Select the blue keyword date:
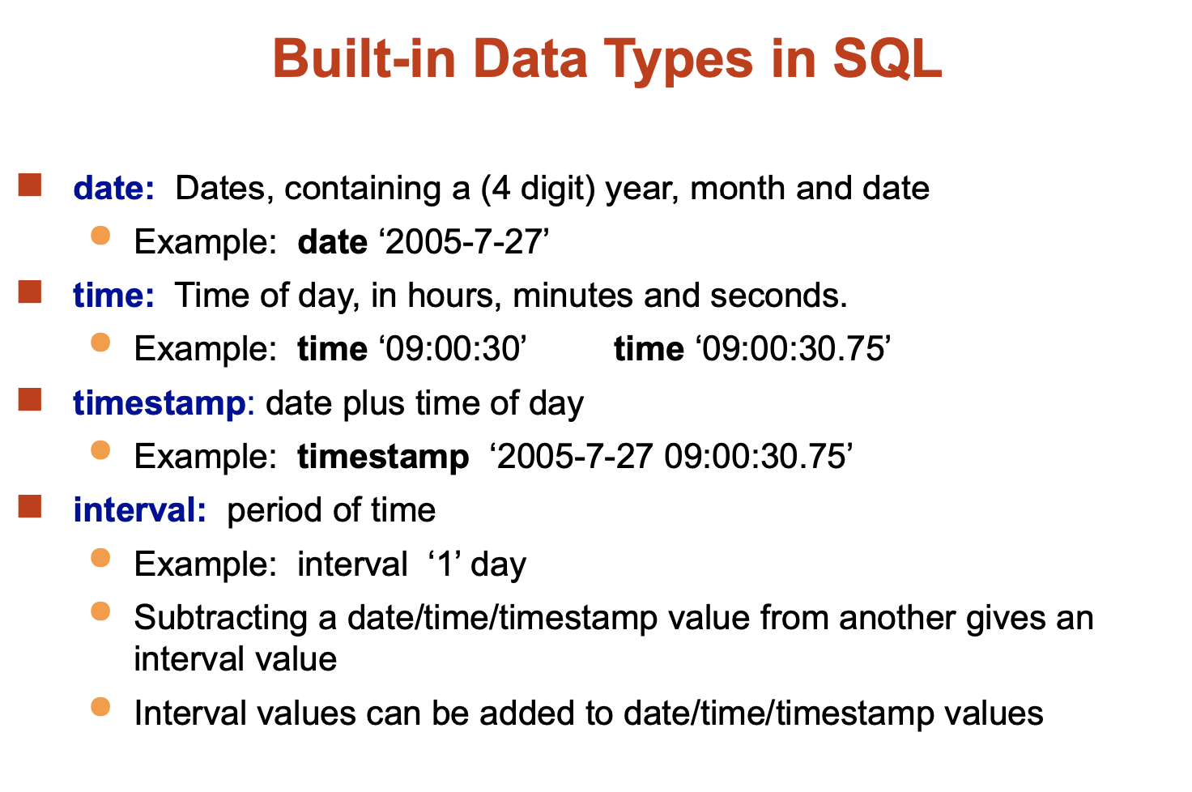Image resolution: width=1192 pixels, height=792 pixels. (x=114, y=188)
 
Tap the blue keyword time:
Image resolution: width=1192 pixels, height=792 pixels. (x=114, y=295)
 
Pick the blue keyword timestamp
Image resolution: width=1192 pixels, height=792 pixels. (x=159, y=403)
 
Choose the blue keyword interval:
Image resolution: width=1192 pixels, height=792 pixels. (x=140, y=509)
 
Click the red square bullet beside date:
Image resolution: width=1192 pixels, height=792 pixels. (x=30, y=185)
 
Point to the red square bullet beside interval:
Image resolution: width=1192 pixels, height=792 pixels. (x=30, y=506)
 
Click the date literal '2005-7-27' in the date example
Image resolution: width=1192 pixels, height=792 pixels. (x=463, y=241)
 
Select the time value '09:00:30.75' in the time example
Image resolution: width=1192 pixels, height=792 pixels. (x=792, y=349)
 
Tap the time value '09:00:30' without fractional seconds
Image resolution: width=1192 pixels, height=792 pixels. (x=453, y=349)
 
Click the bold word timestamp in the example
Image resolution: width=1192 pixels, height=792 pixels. (x=383, y=458)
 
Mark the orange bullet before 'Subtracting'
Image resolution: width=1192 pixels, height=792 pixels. (x=100, y=611)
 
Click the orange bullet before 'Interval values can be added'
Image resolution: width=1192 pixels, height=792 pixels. (x=100, y=707)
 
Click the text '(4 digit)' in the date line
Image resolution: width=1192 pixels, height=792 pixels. (x=538, y=189)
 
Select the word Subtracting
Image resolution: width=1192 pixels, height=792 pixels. (x=221, y=620)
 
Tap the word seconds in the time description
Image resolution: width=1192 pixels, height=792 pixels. (x=778, y=296)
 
